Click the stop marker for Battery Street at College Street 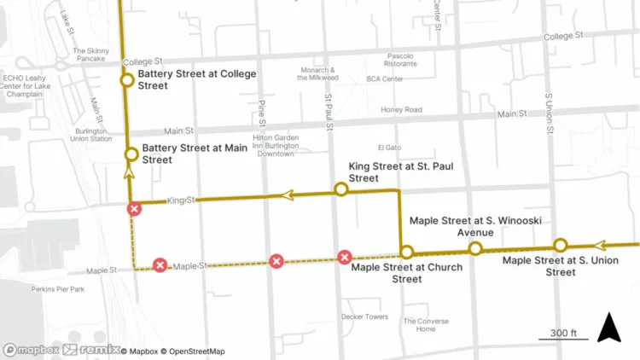point(126,80)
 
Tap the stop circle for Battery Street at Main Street point(131,154)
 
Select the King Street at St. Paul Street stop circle point(340,189)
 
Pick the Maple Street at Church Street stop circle point(407,252)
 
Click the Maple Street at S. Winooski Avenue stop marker point(475,248)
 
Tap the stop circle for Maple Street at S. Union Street point(560,245)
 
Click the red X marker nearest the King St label point(134,209)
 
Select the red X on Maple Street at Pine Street point(276,261)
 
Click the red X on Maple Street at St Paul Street point(345,257)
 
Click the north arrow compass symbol point(608,328)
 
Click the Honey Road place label point(401,109)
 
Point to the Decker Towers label point(364,316)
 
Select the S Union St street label point(551,110)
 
